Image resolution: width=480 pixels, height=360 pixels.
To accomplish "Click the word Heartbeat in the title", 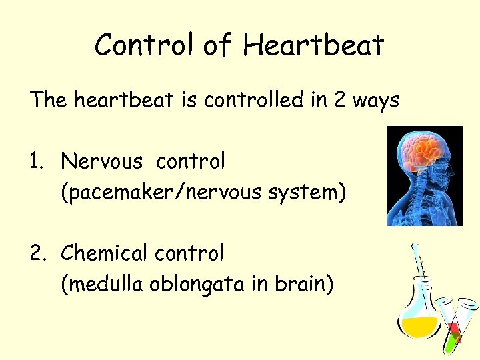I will pyautogui.click(x=314, y=45).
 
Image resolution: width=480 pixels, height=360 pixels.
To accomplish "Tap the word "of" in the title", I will pyautogui.click(x=215, y=45).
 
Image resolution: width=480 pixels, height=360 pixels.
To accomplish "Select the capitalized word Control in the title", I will pyautogui.click(x=143, y=45).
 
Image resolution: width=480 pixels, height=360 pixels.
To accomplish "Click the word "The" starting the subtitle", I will pyautogui.click(x=49, y=101).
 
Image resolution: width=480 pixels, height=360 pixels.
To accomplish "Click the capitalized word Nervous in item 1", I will pyautogui.click(x=101, y=161).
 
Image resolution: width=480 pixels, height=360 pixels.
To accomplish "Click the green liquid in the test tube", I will pyautogui.click(x=453, y=341).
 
